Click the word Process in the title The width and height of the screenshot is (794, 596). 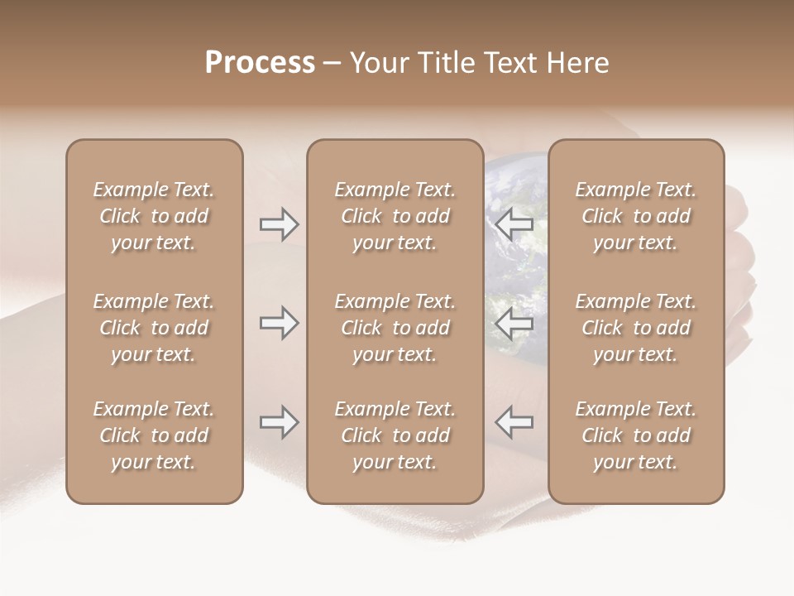[x=260, y=63]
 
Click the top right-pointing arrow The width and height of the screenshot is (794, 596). [x=279, y=224]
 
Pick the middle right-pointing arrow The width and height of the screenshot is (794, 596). [x=279, y=323]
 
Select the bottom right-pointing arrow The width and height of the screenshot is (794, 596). [x=279, y=422]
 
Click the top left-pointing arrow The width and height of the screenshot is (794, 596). [x=514, y=224]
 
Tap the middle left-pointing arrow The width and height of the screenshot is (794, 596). [x=514, y=323]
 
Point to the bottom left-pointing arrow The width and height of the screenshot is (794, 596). [x=514, y=422]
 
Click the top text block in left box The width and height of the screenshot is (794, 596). [x=154, y=216]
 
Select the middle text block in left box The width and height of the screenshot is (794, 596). [x=154, y=328]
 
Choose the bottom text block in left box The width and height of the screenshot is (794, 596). [x=154, y=435]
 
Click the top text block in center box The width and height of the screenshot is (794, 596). [x=395, y=216]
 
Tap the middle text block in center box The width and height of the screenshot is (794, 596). [x=395, y=328]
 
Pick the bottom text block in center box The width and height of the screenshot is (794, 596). [x=395, y=435]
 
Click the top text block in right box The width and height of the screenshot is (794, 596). [x=636, y=216]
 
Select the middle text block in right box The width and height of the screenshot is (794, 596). [x=636, y=328]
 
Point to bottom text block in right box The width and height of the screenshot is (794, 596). [x=636, y=435]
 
